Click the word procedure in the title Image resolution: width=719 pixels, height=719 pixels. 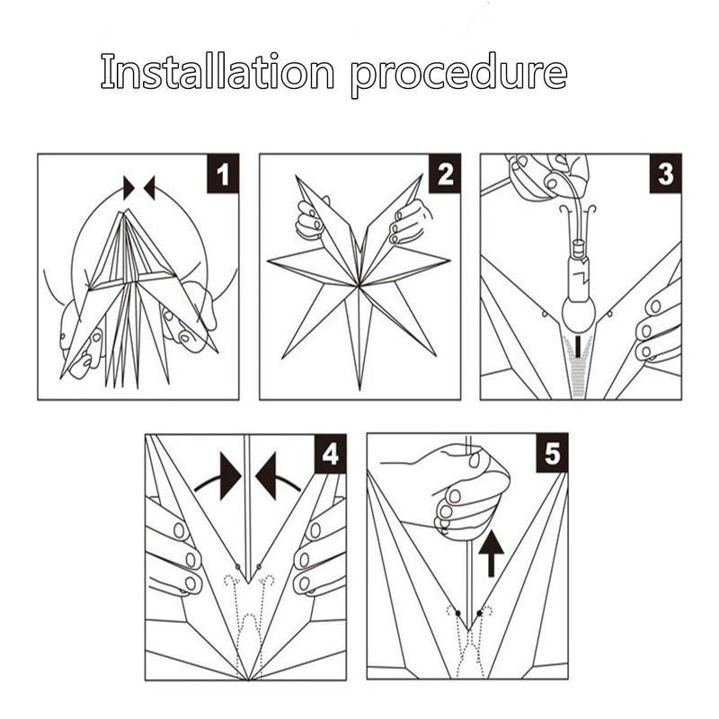pyautogui.click(x=458, y=74)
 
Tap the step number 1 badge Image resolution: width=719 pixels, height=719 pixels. pyautogui.click(x=224, y=173)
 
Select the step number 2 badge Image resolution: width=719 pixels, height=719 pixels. pyautogui.click(x=445, y=173)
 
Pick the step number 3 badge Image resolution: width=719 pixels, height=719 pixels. pyautogui.click(x=665, y=173)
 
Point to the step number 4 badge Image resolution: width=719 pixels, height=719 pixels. pyautogui.click(x=330, y=454)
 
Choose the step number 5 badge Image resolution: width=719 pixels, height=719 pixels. pyautogui.click(x=551, y=454)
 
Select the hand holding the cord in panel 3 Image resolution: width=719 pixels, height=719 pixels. pyautogui.click(x=544, y=175)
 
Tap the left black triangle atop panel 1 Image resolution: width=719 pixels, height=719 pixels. pyautogui.click(x=129, y=188)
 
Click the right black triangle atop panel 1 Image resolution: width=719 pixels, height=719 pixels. pyautogui.click(x=150, y=188)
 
